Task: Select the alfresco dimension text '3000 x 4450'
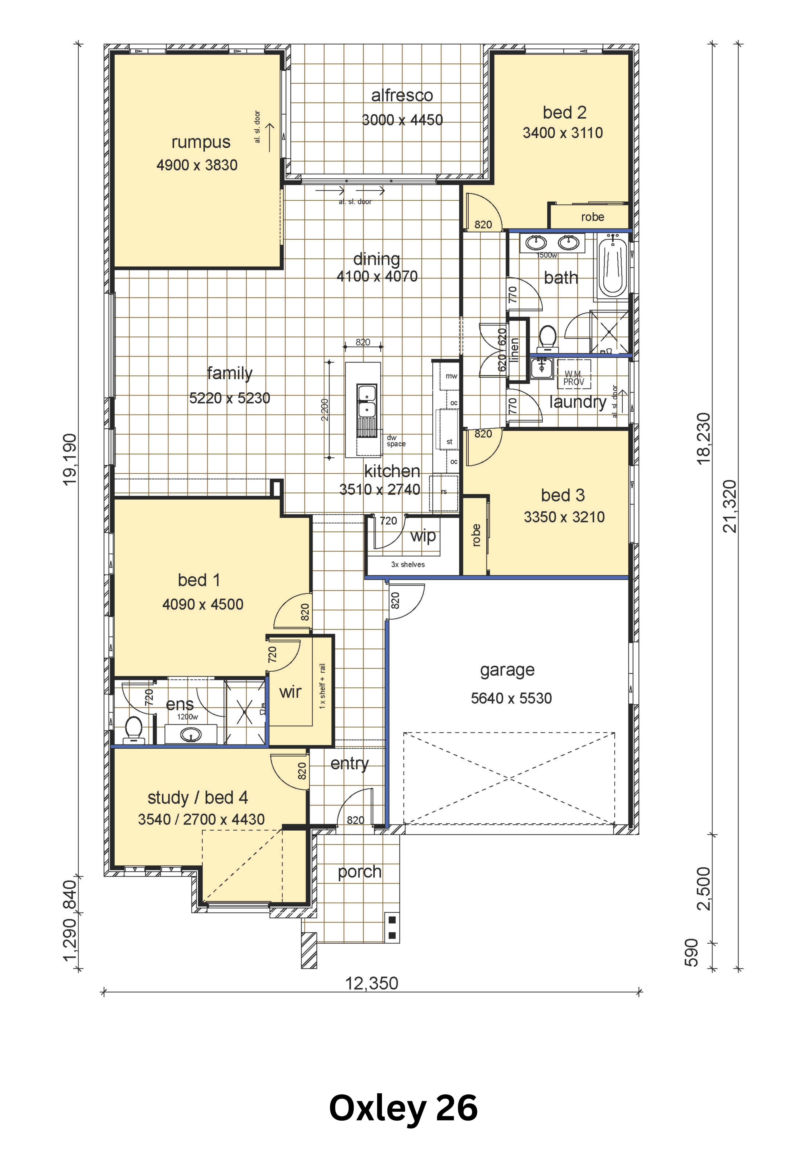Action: coord(403,120)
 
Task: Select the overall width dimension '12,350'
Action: coord(372,983)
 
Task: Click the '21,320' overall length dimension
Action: coord(730,506)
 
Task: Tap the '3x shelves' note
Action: coord(408,565)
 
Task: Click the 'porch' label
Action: coord(360,872)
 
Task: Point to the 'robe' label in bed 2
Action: coord(593,217)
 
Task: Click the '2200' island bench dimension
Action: coord(325,410)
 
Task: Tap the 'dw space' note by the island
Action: coord(396,441)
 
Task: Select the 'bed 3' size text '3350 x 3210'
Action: coord(564,517)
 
